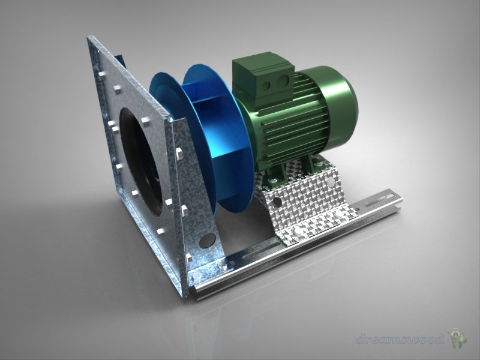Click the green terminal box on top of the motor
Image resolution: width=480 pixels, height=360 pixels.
point(263,77)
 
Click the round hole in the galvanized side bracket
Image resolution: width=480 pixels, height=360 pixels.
point(208,239)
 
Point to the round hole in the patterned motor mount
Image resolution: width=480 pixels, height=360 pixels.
point(278,200)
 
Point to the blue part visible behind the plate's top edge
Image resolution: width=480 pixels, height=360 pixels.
point(122,59)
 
